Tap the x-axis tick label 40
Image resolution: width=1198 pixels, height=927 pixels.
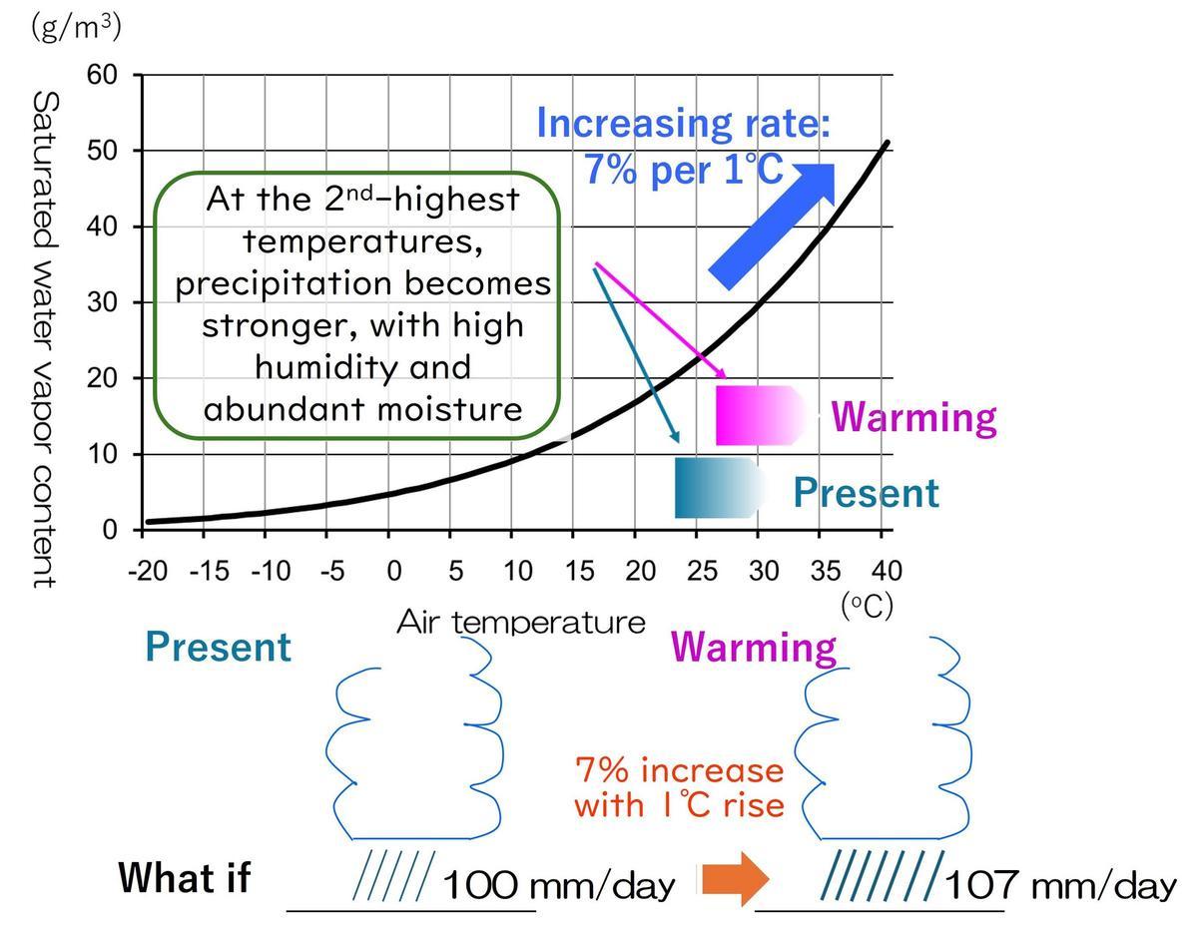[887, 572]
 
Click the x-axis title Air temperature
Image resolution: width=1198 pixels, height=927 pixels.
[521, 623]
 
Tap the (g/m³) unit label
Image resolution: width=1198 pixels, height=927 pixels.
[76, 27]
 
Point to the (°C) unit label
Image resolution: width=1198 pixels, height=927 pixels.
[866, 606]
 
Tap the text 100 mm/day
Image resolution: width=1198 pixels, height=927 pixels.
[557, 884]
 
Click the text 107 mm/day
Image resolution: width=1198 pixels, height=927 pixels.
[1059, 884]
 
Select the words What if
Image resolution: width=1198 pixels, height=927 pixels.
[185, 878]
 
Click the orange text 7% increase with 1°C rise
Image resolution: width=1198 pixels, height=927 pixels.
[680, 787]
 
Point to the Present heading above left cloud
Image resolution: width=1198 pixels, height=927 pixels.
[218, 647]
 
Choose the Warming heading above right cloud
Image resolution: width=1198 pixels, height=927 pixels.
[754, 647]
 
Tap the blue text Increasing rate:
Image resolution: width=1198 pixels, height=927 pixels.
[684, 123]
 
